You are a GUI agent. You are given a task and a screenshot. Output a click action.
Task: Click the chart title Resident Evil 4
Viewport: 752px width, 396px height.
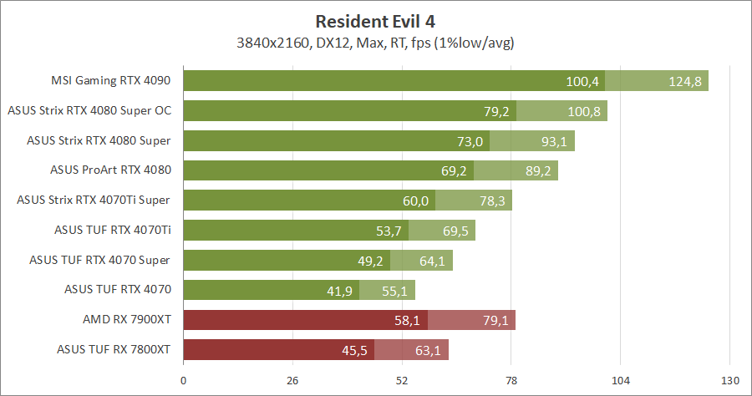pyautogui.click(x=375, y=21)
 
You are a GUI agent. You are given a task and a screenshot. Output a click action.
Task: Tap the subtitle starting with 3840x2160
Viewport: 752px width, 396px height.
pyautogui.click(x=375, y=42)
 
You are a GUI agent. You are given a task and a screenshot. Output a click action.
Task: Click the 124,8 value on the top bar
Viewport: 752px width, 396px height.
pyautogui.click(x=686, y=81)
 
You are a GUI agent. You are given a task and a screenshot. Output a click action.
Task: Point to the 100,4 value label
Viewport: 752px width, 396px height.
pyautogui.click(x=583, y=81)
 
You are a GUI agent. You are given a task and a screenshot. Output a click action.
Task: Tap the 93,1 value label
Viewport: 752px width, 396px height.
pyautogui.click(x=554, y=141)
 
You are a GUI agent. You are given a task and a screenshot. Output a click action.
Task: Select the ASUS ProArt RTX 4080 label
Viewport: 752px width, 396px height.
pyautogui.click(x=110, y=170)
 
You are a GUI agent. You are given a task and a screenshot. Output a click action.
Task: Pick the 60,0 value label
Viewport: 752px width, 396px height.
pyautogui.click(x=415, y=201)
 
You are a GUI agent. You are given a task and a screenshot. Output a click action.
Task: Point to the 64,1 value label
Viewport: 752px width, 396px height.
pyautogui.click(x=432, y=261)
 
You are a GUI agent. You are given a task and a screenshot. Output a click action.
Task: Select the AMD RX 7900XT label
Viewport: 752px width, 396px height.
pyautogui.click(x=126, y=320)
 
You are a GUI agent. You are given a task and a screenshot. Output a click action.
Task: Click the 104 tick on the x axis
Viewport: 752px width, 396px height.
pyautogui.click(x=620, y=381)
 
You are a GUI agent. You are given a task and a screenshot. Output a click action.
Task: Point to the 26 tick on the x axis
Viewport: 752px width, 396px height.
pyautogui.click(x=292, y=381)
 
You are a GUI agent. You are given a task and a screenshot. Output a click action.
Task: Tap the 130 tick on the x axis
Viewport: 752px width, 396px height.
pyautogui.click(x=729, y=381)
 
